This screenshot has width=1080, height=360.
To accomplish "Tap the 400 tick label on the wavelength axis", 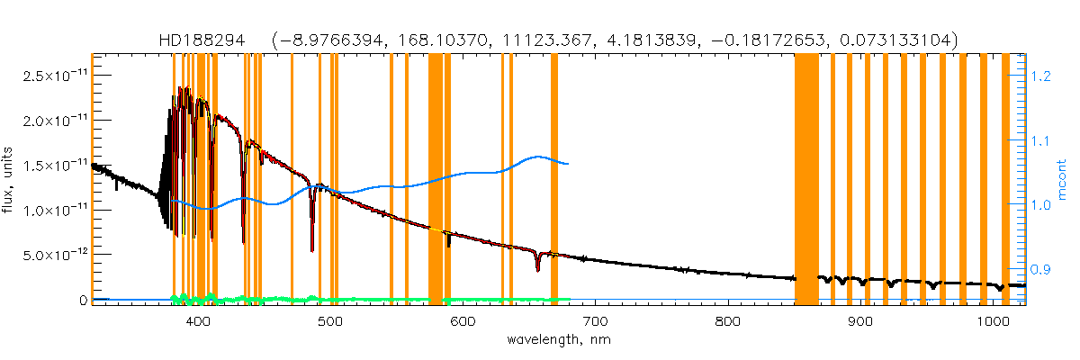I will pos(197,321).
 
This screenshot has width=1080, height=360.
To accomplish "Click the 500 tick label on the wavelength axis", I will pos(329,321).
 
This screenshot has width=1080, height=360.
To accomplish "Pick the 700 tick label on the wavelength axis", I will pos(595,321).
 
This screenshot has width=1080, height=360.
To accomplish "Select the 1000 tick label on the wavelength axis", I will pos(991,321).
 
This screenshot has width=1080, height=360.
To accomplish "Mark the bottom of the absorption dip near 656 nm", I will pos(537,269).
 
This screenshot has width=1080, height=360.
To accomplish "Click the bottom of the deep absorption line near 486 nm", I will pos(311,250).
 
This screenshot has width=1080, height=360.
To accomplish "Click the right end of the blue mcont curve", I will pos(567,164).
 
